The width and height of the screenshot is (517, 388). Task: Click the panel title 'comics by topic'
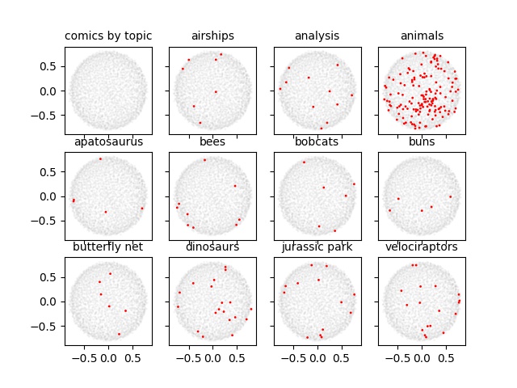tap(108, 36)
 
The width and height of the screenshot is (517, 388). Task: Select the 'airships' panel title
tap(212, 36)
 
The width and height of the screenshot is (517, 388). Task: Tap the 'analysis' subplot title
tap(317, 36)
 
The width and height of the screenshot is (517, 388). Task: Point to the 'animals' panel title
tap(422, 36)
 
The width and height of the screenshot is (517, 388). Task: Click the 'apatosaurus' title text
tap(108, 142)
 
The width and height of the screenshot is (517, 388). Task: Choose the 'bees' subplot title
tap(212, 142)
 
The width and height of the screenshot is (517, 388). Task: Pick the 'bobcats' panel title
tap(317, 142)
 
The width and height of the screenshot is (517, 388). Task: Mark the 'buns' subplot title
tap(422, 142)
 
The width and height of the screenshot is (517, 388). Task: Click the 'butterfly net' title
tap(108, 247)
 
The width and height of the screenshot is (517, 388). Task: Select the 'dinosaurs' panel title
tap(212, 247)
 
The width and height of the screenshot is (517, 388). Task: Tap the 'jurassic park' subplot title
tap(317, 247)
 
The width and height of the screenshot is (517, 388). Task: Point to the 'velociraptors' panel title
tap(422, 247)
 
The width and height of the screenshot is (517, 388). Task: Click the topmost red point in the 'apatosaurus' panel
tap(100, 158)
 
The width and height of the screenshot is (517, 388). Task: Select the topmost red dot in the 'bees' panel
tap(204, 160)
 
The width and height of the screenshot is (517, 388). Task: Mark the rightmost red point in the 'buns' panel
tap(450, 196)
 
